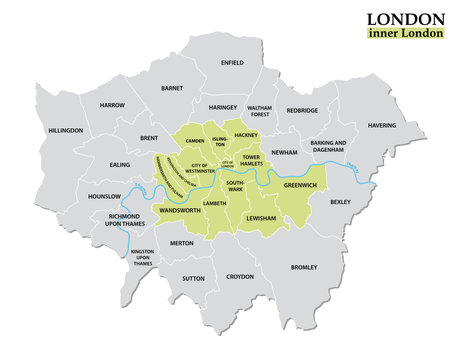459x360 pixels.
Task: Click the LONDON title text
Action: point(405,19)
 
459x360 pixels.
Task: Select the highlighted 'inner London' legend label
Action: point(405,37)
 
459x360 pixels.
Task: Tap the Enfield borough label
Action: point(232,62)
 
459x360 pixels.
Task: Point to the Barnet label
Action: point(172,88)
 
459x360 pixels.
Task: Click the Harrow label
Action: point(111,105)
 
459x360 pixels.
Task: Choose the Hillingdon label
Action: point(65,130)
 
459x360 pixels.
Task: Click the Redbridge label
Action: point(304,111)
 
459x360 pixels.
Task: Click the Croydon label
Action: point(240,276)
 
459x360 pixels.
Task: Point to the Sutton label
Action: point(193,279)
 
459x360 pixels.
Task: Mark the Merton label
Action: point(182,243)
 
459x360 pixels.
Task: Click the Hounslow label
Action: point(104,197)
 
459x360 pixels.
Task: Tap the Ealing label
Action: point(119,165)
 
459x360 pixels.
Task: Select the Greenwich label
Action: point(300,184)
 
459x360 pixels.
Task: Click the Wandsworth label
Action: point(180,212)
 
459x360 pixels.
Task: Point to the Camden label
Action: point(194,141)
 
